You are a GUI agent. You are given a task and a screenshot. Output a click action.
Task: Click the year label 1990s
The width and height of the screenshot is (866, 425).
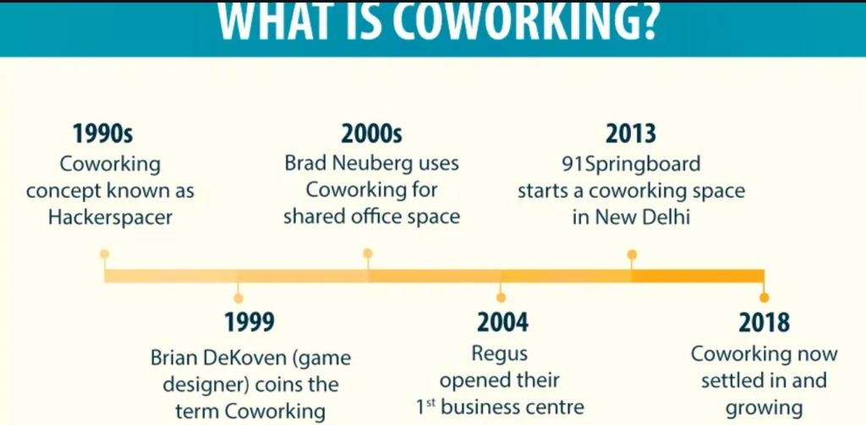click(x=103, y=134)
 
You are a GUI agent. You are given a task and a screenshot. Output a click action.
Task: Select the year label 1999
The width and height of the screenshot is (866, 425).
click(x=249, y=322)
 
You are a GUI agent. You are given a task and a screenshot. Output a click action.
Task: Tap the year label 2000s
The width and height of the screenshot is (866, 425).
click(x=372, y=134)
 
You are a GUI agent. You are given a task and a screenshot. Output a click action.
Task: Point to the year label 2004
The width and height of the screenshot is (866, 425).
click(x=502, y=322)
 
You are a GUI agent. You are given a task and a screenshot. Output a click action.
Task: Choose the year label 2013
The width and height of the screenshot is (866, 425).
click(x=631, y=134)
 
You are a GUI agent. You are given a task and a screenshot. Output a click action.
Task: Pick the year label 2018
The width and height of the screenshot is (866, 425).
click(x=765, y=322)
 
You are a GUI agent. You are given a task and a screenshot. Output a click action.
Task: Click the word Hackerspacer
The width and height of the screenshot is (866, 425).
click(x=111, y=217)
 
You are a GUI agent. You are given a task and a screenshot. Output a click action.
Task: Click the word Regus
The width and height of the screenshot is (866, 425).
click(x=500, y=354)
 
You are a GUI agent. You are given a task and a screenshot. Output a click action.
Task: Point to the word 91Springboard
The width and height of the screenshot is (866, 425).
click(x=631, y=164)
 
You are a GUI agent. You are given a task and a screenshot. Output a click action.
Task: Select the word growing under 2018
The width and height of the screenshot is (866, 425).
click(x=765, y=408)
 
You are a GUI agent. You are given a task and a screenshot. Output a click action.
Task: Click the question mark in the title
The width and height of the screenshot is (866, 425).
click(x=644, y=23)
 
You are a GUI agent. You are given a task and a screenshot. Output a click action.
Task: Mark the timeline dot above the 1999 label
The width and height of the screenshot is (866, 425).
click(x=238, y=298)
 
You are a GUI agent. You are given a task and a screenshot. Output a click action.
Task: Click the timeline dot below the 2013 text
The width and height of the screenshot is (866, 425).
click(x=633, y=254)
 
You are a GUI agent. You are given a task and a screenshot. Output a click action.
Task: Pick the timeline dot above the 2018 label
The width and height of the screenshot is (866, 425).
click(x=764, y=297)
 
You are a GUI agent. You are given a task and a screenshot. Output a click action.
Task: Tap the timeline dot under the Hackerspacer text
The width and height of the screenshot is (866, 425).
click(x=104, y=253)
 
